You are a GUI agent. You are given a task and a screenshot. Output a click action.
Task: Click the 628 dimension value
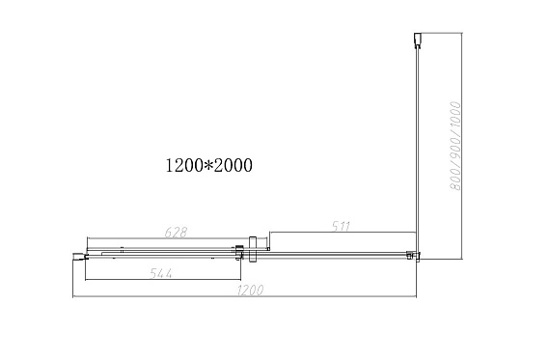(176, 232)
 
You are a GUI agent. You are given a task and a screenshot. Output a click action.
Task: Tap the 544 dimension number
(161, 273)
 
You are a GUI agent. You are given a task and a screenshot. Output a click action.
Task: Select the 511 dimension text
(341, 226)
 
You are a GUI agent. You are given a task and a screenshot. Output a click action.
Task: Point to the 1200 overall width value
(250, 291)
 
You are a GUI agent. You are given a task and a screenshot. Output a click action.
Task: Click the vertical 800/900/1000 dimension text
(454, 146)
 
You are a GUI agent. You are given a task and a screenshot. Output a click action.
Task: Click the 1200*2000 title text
(208, 165)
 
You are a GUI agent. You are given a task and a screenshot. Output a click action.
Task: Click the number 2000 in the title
(233, 165)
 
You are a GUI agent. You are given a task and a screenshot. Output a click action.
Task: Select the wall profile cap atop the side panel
(417, 40)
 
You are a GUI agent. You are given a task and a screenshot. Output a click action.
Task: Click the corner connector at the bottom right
(413, 256)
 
